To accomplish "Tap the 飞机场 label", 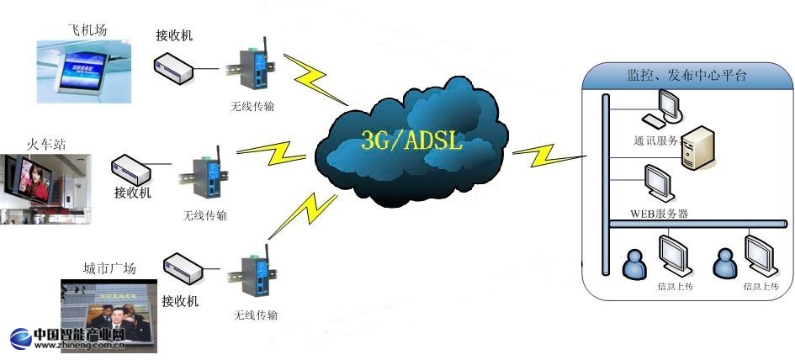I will (87, 30).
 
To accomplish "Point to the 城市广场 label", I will (109, 268).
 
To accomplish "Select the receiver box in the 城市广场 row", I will (184, 270).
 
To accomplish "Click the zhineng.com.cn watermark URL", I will (80, 345).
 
